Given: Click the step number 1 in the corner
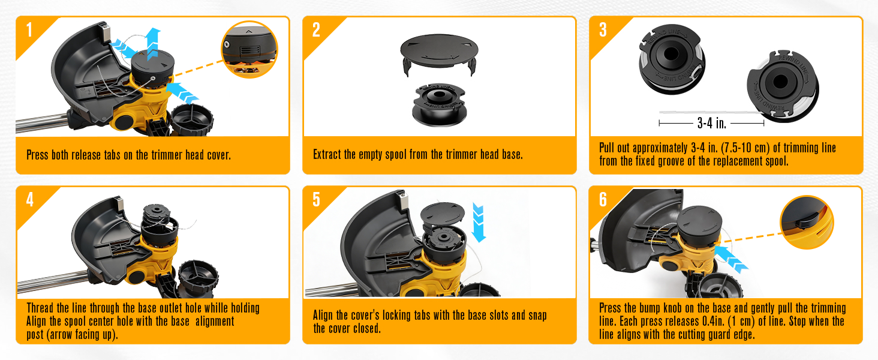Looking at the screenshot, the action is click(x=29, y=30).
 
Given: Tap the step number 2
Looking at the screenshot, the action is click(x=316, y=30).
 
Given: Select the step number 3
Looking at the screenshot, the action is click(x=603, y=30).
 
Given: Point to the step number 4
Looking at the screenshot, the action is click(x=30, y=200).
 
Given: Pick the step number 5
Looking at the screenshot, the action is click(x=316, y=200).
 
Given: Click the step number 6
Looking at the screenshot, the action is click(x=603, y=200).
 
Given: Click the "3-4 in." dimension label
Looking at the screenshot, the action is click(x=711, y=123).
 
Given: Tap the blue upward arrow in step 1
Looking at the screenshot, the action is click(x=152, y=43).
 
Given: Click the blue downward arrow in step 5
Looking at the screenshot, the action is click(x=478, y=223).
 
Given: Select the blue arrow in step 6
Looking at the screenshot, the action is click(x=730, y=259).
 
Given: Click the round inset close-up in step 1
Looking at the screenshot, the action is click(x=249, y=49).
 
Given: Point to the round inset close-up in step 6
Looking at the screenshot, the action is click(x=807, y=223).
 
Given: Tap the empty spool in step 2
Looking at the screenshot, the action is click(x=440, y=105).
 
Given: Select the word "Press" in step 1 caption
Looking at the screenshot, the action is click(x=37, y=155).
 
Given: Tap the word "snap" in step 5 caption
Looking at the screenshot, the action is click(x=537, y=316).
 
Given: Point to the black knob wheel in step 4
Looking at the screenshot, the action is click(x=199, y=279).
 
